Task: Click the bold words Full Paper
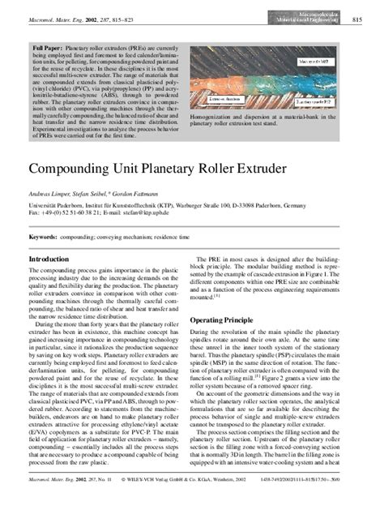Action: pos(48,49)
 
